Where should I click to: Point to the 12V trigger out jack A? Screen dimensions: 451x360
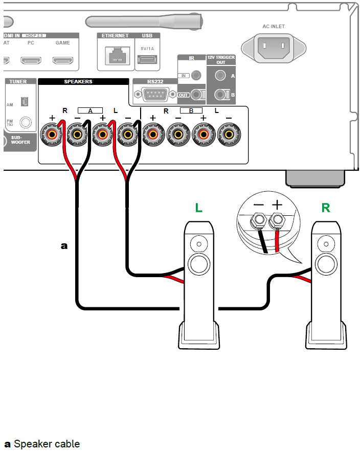(220, 75)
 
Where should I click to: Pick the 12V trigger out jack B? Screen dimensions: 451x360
(220, 95)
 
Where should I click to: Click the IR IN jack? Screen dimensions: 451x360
(196, 76)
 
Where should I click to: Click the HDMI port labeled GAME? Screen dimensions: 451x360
(62, 60)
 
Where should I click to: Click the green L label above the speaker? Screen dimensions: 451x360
(199, 208)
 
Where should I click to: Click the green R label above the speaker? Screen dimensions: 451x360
(326, 208)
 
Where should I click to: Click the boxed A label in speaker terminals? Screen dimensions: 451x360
(90, 110)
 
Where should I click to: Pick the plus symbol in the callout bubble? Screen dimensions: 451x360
(277, 205)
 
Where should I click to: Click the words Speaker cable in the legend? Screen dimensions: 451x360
(47, 443)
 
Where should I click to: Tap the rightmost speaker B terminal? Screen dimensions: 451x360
(228, 135)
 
